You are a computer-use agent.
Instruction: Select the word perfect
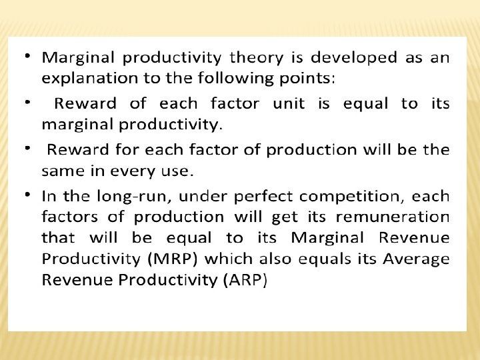276,197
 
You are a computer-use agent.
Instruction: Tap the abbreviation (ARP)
245,279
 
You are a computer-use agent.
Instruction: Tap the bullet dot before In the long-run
27,193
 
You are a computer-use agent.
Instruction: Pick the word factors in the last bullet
69,217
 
